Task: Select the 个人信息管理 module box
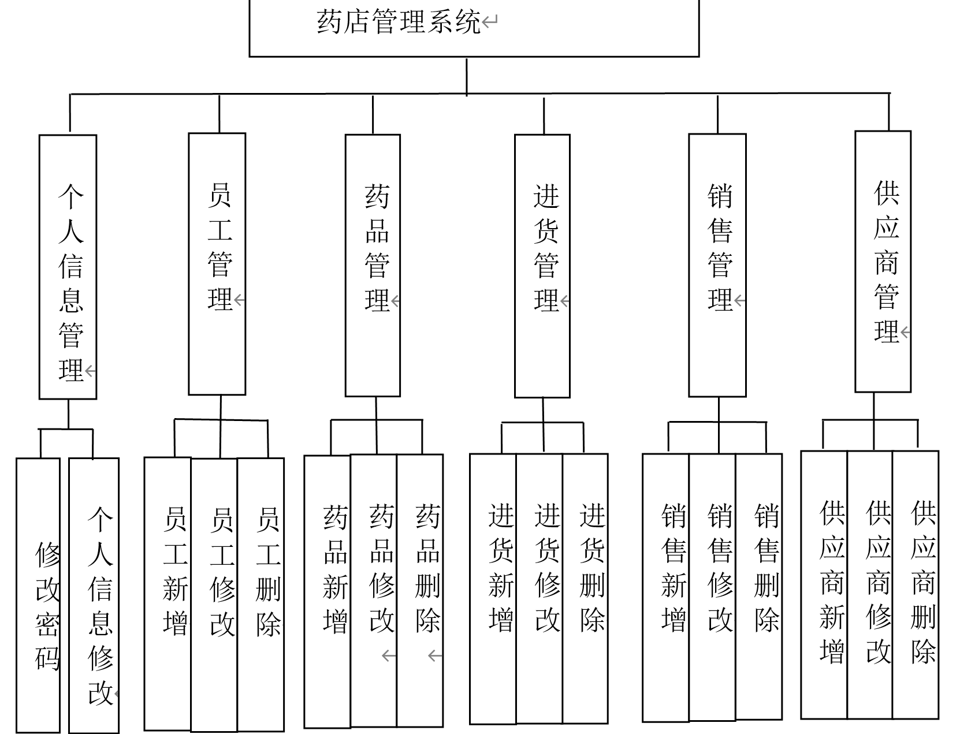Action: (68, 267)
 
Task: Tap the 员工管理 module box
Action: (217, 264)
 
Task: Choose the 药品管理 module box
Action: (373, 266)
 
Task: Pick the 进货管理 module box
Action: (542, 266)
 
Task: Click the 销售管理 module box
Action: (717, 266)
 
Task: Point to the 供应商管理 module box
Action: (883, 262)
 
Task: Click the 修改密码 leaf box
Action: (38, 595)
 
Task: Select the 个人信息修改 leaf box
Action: (94, 595)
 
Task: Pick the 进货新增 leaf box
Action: (493, 588)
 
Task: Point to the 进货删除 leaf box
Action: (585, 588)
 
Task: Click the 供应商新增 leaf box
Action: (824, 584)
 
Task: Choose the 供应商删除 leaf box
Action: (916, 584)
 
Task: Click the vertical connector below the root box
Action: (467, 75)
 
